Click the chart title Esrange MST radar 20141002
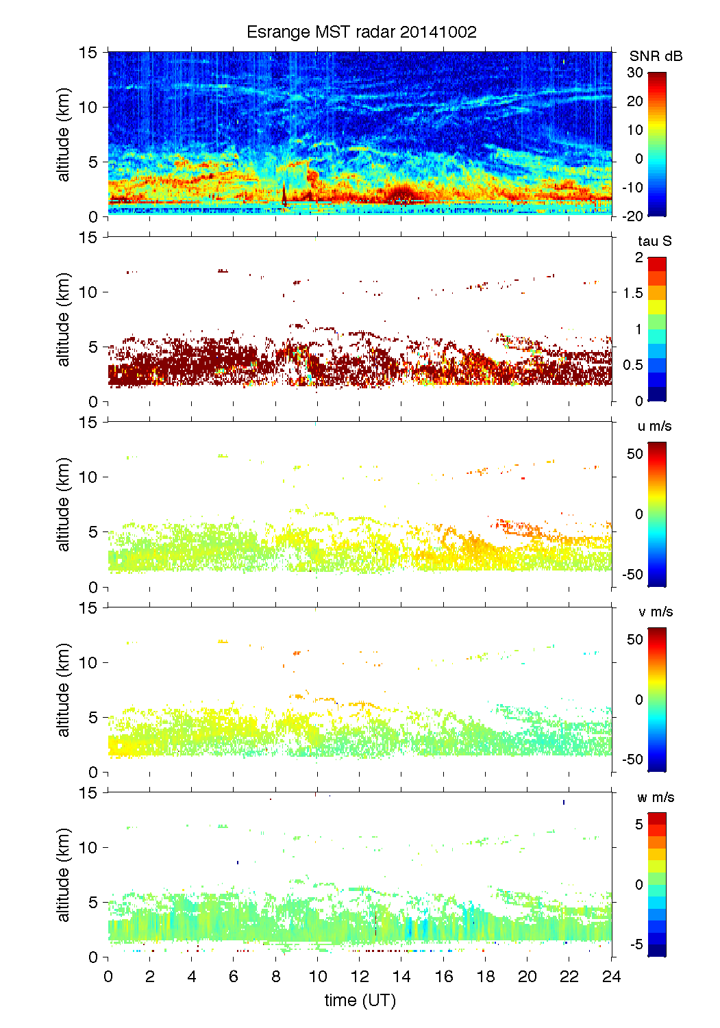click(361, 32)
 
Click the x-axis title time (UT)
click(360, 1001)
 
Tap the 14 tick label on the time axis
click(401, 977)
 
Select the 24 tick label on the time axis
click(611, 977)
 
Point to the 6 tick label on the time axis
click(234, 977)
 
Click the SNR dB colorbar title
click(656, 56)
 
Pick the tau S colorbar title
click(654, 241)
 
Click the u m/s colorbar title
click(654, 426)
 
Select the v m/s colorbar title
click(655, 612)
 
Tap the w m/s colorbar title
click(656, 797)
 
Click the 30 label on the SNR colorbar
click(635, 73)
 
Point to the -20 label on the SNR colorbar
click(632, 216)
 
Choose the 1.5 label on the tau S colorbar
click(632, 293)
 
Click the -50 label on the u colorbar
click(632, 575)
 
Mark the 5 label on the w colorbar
click(639, 825)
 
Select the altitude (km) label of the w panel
click(64, 875)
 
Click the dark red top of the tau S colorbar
click(656, 264)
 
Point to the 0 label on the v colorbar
click(639, 700)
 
